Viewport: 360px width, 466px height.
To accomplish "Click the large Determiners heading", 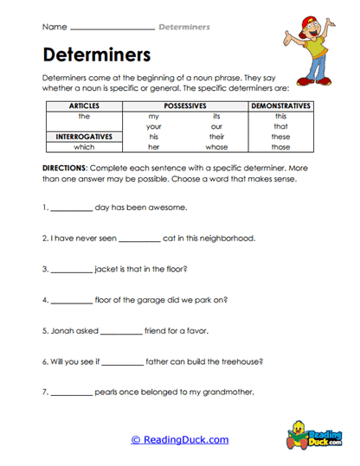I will point(96,55).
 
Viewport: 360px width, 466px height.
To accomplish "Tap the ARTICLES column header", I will point(83,105).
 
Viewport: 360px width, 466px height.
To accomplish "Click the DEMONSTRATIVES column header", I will point(280,105).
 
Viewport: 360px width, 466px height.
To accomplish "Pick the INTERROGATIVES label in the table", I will point(83,136).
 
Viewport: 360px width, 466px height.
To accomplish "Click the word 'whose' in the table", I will point(216,147).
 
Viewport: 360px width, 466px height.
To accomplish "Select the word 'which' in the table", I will point(83,147).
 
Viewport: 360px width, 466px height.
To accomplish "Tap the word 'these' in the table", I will point(280,136).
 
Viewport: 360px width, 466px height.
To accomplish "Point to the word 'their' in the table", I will point(216,136).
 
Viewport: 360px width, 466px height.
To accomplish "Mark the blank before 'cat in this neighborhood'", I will point(138,239).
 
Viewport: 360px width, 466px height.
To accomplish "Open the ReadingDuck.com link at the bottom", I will point(180,439).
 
